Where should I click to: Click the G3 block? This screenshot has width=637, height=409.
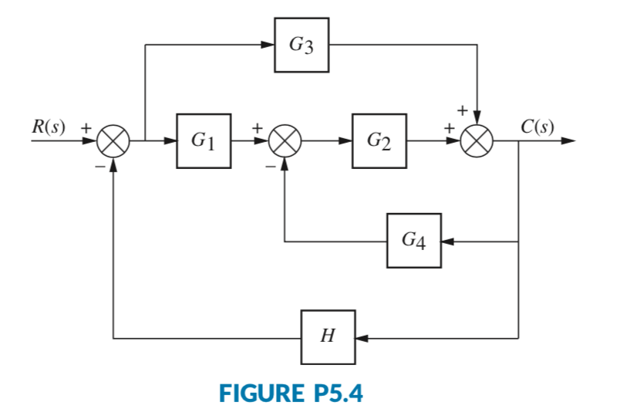302,45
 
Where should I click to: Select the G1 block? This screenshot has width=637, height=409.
204,141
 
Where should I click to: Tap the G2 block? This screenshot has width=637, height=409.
379,141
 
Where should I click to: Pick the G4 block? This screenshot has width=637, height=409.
414,241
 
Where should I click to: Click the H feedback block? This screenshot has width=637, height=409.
329,337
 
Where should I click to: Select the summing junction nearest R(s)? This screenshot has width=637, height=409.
114,142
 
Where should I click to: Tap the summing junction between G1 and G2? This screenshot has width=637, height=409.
285,142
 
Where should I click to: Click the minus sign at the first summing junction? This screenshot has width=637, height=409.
98,165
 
